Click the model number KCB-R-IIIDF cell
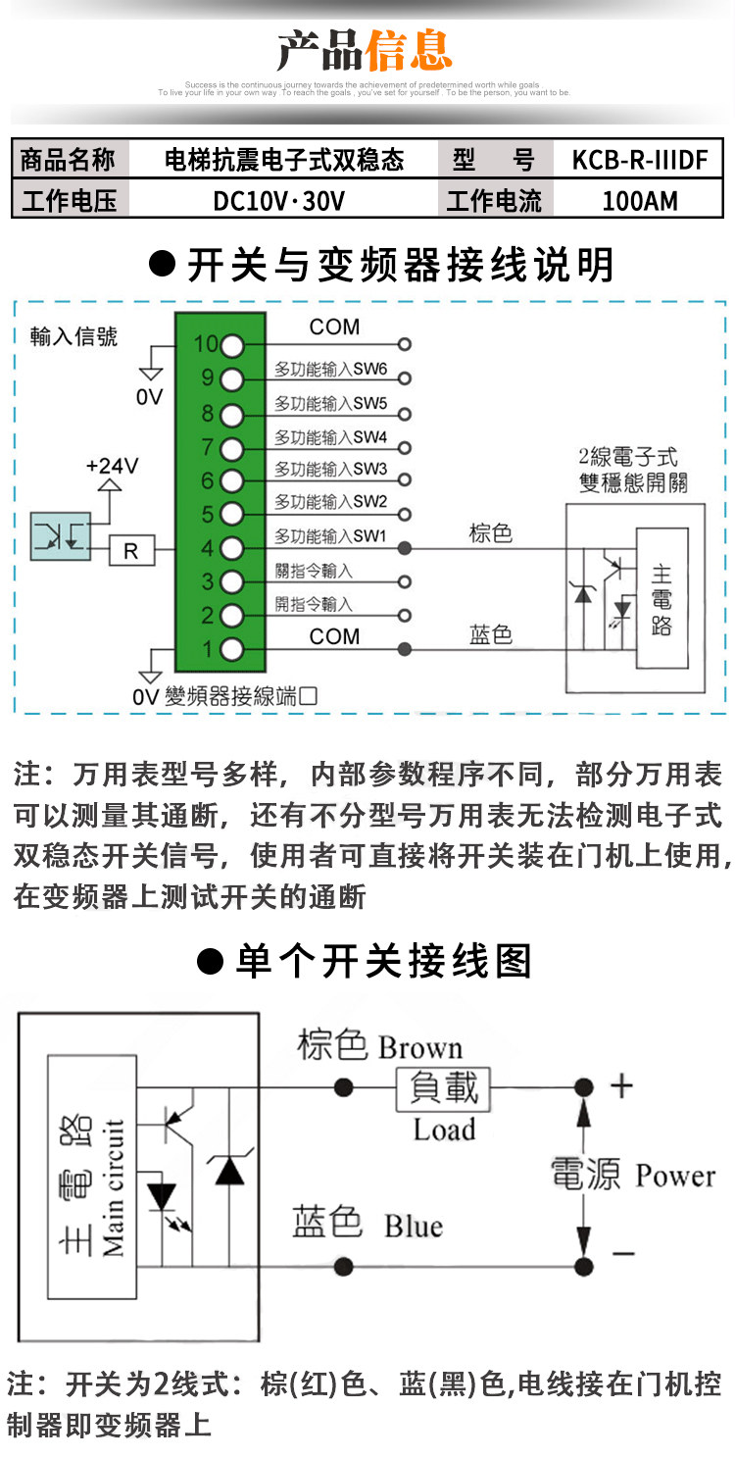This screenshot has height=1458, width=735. tap(639, 160)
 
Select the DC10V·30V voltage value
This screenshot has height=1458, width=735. tap(279, 201)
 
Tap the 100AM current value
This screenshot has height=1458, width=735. tap(639, 201)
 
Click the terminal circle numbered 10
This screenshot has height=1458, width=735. tap(231, 345)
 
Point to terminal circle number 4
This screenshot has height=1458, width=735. tap(231, 548)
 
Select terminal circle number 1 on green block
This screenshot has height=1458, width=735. tap(231, 649)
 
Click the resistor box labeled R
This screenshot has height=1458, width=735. tap(130, 551)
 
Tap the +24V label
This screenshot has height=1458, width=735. tap(112, 465)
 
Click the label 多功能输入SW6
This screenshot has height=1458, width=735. tap(331, 371)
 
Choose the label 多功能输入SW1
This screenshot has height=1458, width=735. tap(331, 536)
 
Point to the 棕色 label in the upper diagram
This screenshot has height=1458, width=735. tap(491, 532)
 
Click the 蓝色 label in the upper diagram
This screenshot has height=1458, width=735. tap(491, 634)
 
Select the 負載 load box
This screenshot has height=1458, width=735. tap(444, 1087)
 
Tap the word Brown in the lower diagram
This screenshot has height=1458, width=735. tap(420, 1047)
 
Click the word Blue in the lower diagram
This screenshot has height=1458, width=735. tap(413, 1227)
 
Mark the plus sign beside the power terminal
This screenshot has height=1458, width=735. tap(621, 1085)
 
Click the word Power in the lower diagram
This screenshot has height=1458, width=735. tap(675, 1175)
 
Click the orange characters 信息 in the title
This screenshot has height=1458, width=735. tap(409, 49)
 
